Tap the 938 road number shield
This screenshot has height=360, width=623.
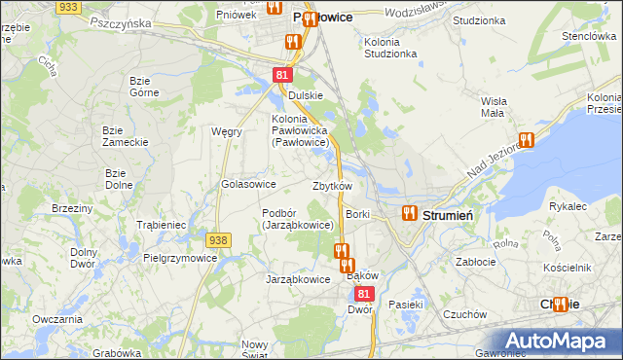coord(218,239)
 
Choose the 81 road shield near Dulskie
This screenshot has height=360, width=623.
coord(281,75)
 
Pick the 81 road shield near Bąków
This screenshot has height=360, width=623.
coord(364,292)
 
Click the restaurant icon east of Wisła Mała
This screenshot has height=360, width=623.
coord(527,140)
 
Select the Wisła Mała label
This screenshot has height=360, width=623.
coord(493,106)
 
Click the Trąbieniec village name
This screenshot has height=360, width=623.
coord(162,225)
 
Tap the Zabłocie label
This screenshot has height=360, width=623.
coord(477,261)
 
